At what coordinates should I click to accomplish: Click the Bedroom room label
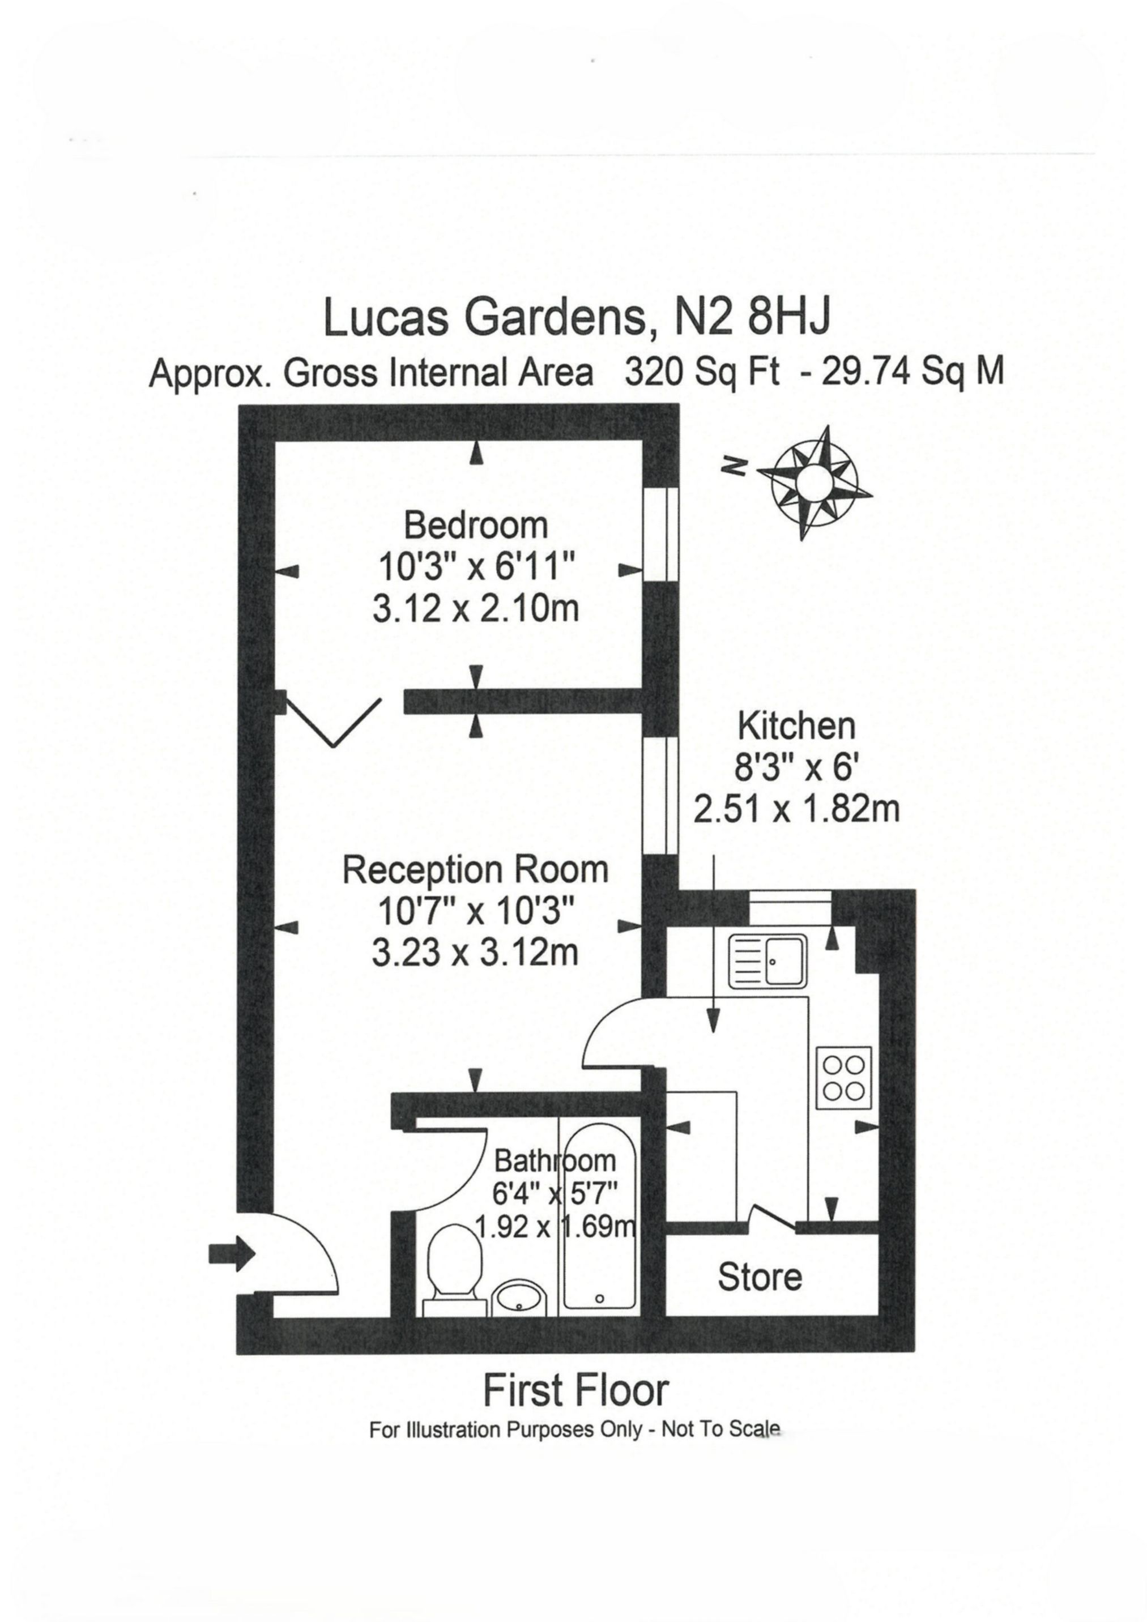point(476,526)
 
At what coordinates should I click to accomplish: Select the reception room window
point(662,795)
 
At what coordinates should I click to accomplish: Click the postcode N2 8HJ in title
point(751,317)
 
